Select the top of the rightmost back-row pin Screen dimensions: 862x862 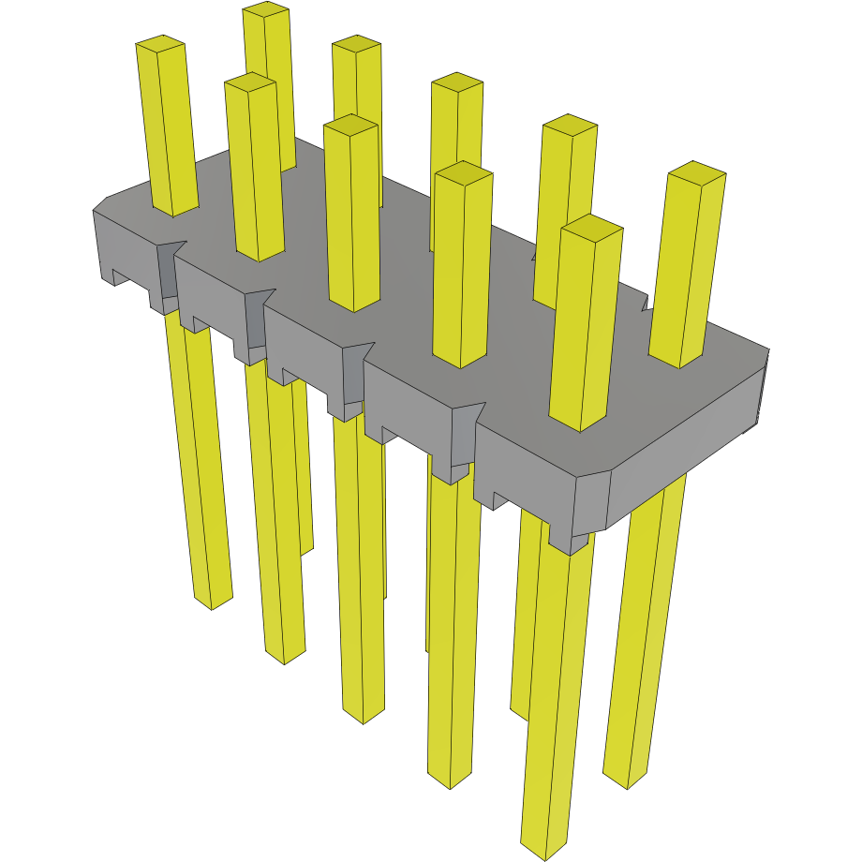[x=695, y=171]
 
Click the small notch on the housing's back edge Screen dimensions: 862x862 [x=645, y=303]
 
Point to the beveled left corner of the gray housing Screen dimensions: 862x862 [x=100, y=205]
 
